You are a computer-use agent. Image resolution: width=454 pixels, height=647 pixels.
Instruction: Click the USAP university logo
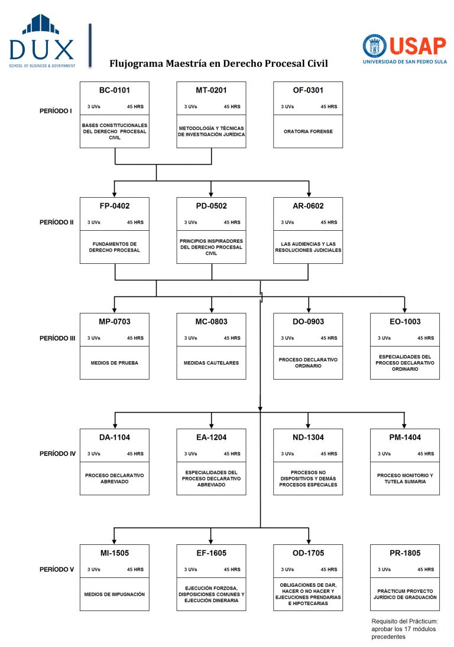(x=405, y=48)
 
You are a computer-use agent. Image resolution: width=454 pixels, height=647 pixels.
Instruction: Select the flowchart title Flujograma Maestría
(x=218, y=63)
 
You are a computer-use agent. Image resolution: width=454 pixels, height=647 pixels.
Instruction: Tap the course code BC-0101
(x=115, y=90)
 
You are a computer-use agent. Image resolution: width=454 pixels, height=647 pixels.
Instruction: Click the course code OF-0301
(x=308, y=90)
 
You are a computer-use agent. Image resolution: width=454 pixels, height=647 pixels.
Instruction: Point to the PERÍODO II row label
(x=56, y=223)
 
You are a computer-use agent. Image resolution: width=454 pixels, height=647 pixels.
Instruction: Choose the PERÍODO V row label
(x=56, y=570)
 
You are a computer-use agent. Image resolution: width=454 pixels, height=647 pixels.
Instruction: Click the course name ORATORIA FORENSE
(x=308, y=131)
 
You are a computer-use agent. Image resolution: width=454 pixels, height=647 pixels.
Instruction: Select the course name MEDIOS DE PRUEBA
(x=115, y=362)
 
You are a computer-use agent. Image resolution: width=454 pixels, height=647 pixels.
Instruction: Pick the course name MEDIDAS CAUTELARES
(x=211, y=362)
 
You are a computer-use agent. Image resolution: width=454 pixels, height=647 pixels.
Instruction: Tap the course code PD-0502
(x=211, y=206)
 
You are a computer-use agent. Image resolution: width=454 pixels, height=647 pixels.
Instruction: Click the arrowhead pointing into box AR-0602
(x=308, y=193)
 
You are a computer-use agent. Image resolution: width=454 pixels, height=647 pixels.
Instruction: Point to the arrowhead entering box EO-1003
(x=404, y=309)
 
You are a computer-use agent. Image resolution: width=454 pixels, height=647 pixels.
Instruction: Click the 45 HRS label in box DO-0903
(x=329, y=338)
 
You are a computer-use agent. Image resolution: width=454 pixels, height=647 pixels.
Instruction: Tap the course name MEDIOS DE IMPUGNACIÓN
(x=115, y=594)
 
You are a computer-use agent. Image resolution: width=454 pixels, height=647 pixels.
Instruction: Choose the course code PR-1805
(x=404, y=553)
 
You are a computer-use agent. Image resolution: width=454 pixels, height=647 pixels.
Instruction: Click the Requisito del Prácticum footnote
(x=404, y=629)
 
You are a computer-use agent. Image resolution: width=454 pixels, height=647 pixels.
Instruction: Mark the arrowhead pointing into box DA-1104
(x=115, y=424)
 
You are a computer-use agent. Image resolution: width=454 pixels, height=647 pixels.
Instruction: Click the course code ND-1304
(x=308, y=437)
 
